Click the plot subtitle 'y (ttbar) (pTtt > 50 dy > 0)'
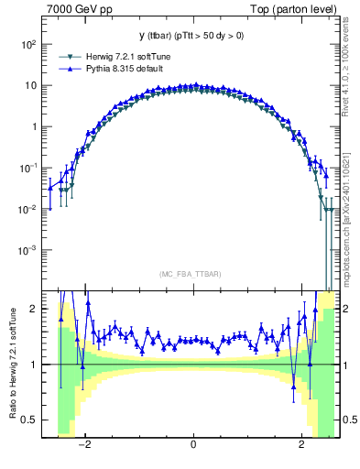(x=192, y=37)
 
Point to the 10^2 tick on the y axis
(x=27, y=44)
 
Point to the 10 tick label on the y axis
(x=30, y=85)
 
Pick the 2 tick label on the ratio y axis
(x=33, y=310)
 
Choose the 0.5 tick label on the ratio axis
(x=29, y=420)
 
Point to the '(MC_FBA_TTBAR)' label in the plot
(x=192, y=274)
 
